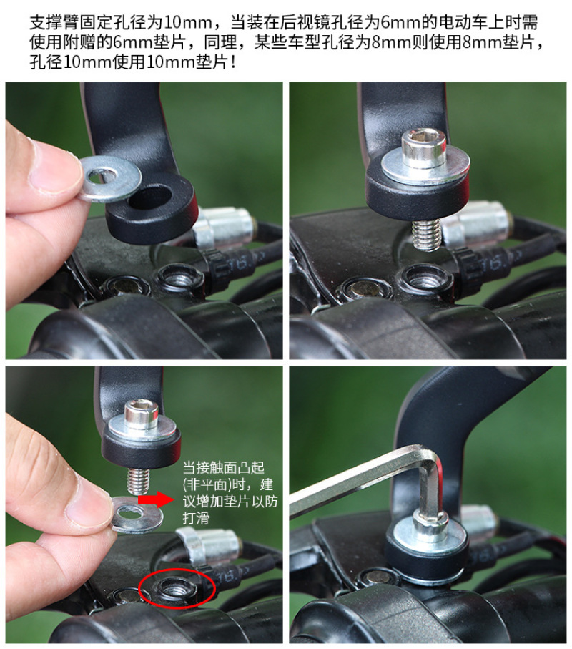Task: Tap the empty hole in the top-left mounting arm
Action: pyautogui.click(x=151, y=197)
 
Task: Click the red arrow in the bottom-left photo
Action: pyautogui.click(x=156, y=499)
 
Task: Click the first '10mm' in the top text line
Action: pyautogui.click(x=188, y=23)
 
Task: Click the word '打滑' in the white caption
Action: pyautogui.click(x=196, y=518)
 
